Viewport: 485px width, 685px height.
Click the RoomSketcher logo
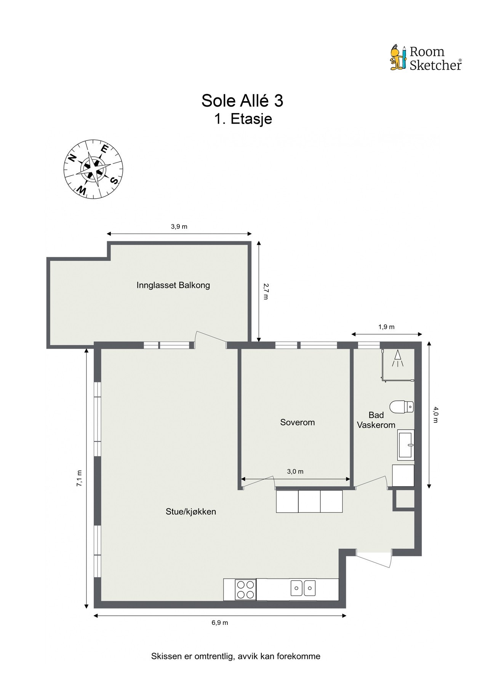[426, 58]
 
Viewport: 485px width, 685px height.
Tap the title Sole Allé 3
[242, 101]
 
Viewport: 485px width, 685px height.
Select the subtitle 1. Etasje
[243, 119]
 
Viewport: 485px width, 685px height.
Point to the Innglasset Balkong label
[173, 285]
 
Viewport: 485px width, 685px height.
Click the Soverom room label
[298, 422]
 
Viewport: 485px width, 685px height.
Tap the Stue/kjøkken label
[191, 512]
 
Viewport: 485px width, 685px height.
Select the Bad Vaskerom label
[376, 420]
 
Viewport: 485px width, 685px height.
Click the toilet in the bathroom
[402, 406]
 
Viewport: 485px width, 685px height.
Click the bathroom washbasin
[406, 444]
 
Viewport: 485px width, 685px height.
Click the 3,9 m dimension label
[179, 227]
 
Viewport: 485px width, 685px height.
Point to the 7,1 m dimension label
[79, 478]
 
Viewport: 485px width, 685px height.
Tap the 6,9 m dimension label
[219, 623]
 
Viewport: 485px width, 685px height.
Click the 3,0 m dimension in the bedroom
[295, 472]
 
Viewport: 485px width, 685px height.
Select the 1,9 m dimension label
[386, 327]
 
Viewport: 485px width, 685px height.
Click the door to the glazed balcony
[211, 338]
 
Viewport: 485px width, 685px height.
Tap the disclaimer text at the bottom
[236, 656]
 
